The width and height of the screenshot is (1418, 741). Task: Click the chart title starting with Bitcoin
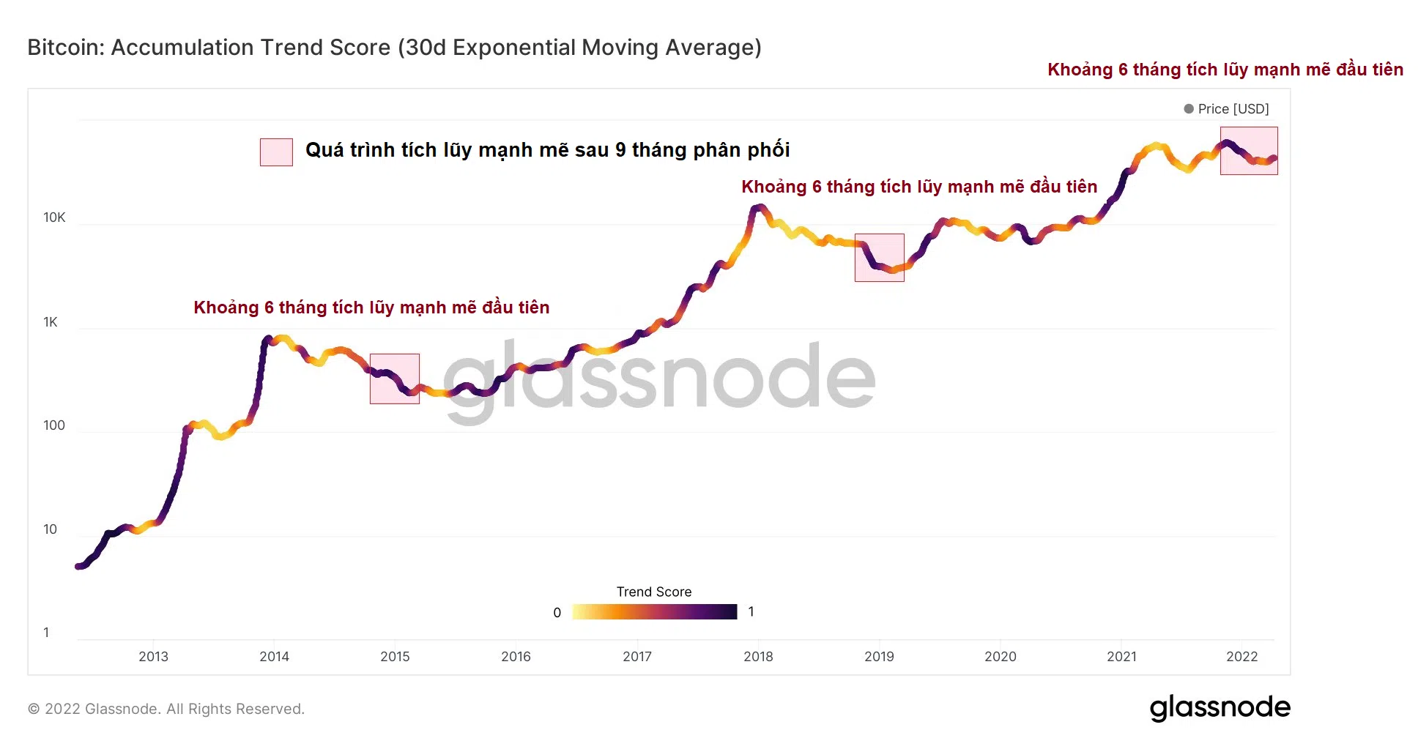pyautogui.click(x=394, y=48)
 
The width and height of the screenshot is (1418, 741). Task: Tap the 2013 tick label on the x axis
pyautogui.click(x=153, y=656)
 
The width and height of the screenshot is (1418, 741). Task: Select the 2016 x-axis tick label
pyautogui.click(x=516, y=656)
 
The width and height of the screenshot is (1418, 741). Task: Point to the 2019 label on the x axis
pyautogui.click(x=879, y=656)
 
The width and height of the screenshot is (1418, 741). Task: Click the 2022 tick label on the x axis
pyautogui.click(x=1241, y=656)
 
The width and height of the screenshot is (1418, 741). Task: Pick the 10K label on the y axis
pyautogui.click(x=54, y=217)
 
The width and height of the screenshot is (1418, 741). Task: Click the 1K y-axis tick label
pyautogui.click(x=50, y=322)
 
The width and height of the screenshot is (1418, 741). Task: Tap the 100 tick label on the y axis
pyautogui.click(x=53, y=425)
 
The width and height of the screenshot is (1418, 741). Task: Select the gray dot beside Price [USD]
pyautogui.click(x=1188, y=108)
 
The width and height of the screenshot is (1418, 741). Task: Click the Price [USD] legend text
pyautogui.click(x=1233, y=108)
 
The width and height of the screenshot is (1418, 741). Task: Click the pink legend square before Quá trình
pyautogui.click(x=276, y=152)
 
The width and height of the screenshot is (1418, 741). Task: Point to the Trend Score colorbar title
pyautogui.click(x=653, y=592)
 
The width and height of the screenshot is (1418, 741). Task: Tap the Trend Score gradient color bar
pyautogui.click(x=654, y=611)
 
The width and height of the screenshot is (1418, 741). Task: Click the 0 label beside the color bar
pyautogui.click(x=557, y=612)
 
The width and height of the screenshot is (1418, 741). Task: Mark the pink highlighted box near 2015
pyautogui.click(x=394, y=379)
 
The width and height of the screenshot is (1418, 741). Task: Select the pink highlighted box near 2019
pyautogui.click(x=879, y=258)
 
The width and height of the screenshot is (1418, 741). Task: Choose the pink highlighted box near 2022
pyautogui.click(x=1248, y=151)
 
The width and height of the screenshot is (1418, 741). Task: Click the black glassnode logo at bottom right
pyautogui.click(x=1220, y=707)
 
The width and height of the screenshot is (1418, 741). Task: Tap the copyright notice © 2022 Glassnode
pyautogui.click(x=166, y=709)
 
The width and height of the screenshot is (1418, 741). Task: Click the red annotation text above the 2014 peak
pyautogui.click(x=371, y=308)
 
